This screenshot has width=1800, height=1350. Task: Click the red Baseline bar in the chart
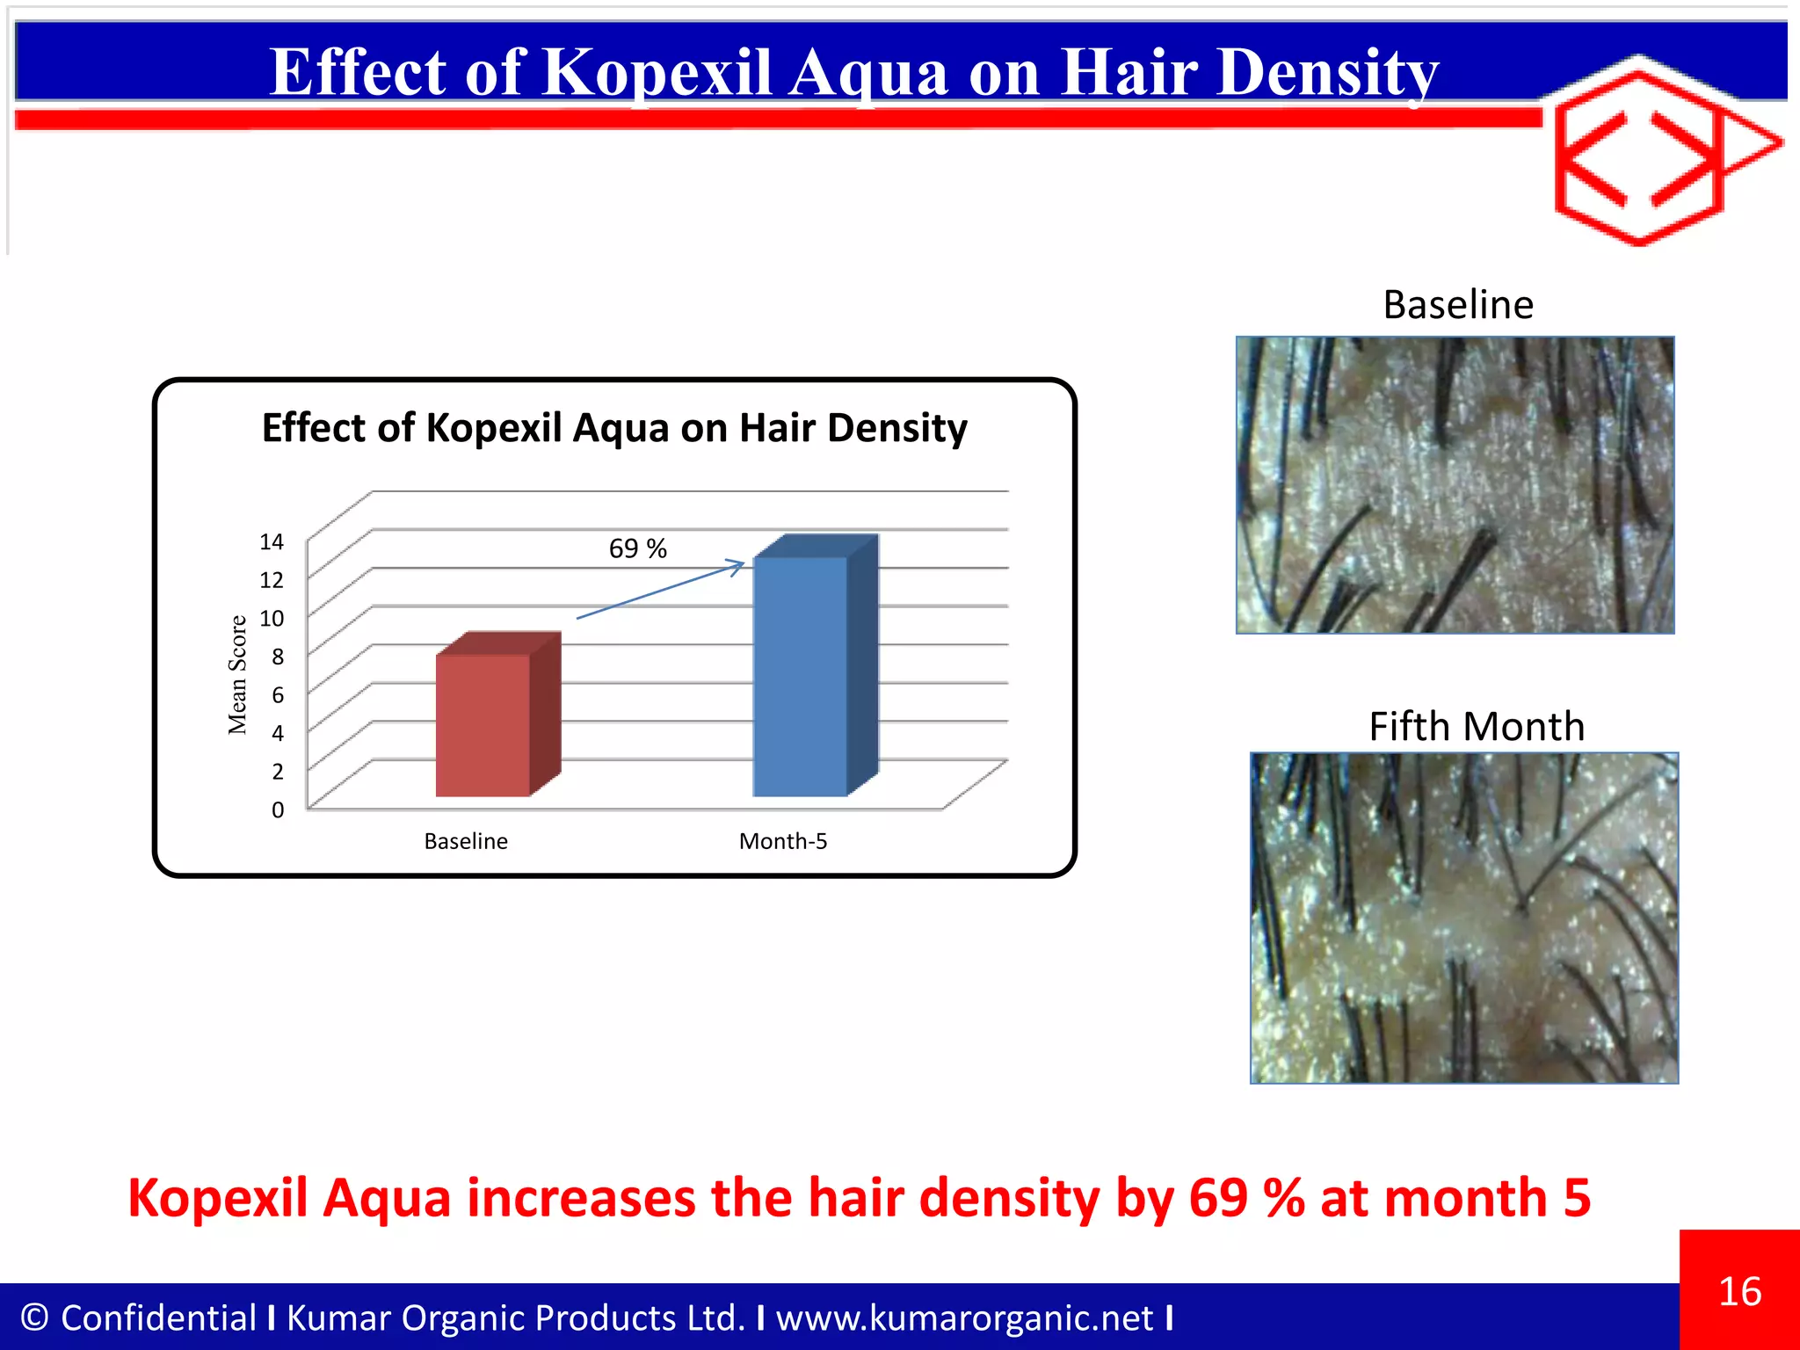(x=483, y=725)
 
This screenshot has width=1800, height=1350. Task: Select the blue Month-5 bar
(x=801, y=677)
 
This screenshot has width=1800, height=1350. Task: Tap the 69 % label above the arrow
(x=637, y=548)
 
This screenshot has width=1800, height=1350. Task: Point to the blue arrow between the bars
(x=659, y=591)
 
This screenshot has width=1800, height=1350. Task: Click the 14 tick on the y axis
(x=272, y=541)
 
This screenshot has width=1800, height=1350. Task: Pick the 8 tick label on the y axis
(x=277, y=657)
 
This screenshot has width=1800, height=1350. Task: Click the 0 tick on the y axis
(x=277, y=809)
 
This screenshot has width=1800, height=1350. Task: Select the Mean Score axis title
(x=237, y=675)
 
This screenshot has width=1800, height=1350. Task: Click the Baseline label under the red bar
(x=466, y=841)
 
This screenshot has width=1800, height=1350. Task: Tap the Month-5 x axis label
(x=782, y=841)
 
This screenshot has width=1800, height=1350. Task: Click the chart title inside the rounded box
(x=614, y=428)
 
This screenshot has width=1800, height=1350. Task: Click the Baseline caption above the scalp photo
(x=1457, y=305)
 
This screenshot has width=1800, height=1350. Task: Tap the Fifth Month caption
(x=1476, y=727)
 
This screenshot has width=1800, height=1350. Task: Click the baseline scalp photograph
(x=1455, y=485)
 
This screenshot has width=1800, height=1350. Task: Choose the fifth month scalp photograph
(x=1463, y=918)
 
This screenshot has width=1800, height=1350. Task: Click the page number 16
(x=1739, y=1291)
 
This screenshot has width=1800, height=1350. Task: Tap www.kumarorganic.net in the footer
(x=964, y=1317)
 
